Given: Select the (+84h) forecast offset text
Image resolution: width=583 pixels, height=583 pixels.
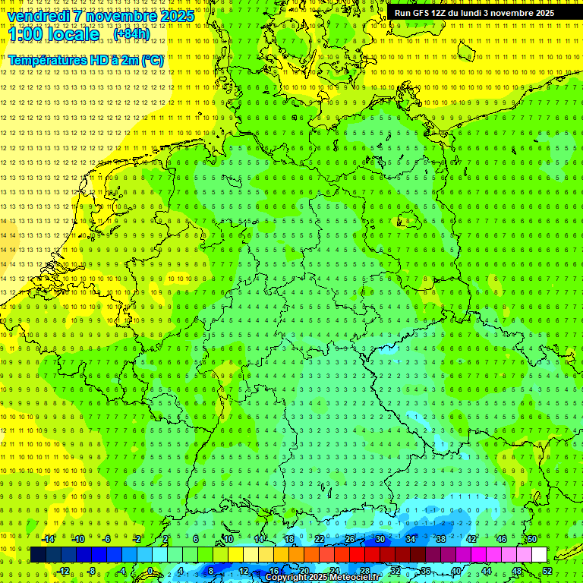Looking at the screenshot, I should pos(131,34).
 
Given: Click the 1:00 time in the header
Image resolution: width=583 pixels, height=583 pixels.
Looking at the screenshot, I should pos(27,34).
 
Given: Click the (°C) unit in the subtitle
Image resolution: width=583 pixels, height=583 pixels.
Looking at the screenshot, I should pos(153,60).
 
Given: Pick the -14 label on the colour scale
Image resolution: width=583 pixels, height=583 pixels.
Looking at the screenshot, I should pos(49,539).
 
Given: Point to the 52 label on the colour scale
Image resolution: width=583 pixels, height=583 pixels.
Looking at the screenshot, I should pos(547,571).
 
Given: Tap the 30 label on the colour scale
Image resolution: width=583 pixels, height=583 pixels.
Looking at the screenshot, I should pos(380,539).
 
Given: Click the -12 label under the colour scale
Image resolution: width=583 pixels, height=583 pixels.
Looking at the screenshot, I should pos(64,571).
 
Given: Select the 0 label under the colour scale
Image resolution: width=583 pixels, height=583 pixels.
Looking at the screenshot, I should pos(150,571).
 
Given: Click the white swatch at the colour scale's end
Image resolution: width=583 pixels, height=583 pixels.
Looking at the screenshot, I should pos(539,555).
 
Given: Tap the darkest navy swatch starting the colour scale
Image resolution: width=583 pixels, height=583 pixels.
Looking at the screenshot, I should pos(38,555).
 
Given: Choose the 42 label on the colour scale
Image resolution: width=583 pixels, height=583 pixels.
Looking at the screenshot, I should pos(471,539).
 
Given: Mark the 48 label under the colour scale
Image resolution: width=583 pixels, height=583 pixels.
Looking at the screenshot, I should pos(517,571).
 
